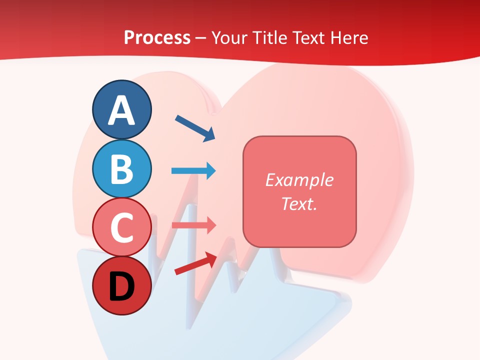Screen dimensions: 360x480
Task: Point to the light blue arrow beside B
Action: click(193, 171)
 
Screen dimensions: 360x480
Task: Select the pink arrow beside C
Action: click(193, 225)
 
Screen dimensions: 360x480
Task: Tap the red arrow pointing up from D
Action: click(195, 263)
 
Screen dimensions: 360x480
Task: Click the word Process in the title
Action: click(157, 38)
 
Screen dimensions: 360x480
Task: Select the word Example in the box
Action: click(299, 180)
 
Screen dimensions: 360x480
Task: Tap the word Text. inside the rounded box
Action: click(299, 203)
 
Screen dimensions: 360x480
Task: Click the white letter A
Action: click(121, 111)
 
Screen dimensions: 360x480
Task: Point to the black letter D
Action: click(121, 287)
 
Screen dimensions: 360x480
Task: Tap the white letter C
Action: click(121, 228)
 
